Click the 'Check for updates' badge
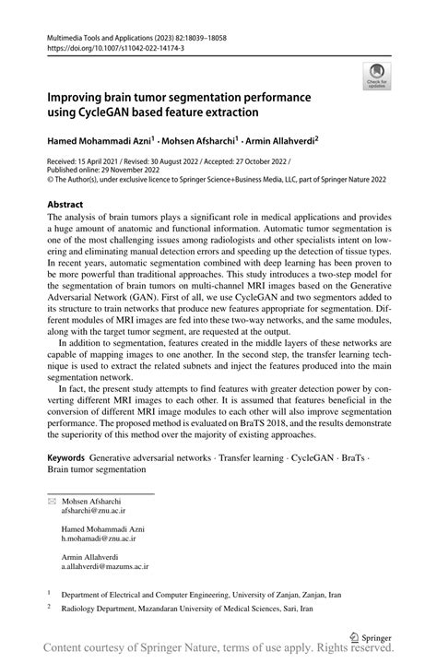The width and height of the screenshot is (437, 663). pos(377,76)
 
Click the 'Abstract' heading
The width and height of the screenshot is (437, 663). pos(65,203)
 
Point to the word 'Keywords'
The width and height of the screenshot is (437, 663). pos(65,456)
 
